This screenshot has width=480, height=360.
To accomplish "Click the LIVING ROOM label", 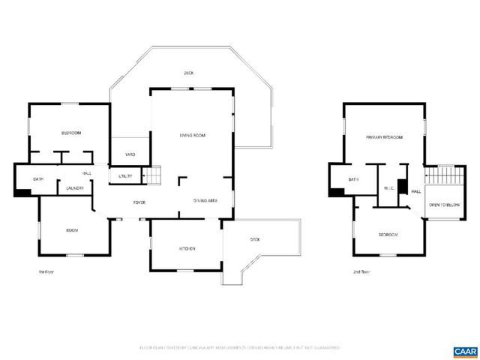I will pos(193,136).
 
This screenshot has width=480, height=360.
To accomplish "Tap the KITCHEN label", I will pos(187,248).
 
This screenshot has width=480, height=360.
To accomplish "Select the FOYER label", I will pos(139,203).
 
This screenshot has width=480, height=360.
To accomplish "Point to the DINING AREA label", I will pos(205,201).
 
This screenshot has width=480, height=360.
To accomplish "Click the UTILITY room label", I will pos(125,176).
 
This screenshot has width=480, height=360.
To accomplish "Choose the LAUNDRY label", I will pos(74,188).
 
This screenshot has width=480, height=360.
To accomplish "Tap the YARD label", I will pos(130,154).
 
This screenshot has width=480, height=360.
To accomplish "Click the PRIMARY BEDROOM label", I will pos(384,138).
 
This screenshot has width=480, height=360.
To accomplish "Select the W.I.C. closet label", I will pos(388,188).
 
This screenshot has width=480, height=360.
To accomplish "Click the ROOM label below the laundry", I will pos(72,231).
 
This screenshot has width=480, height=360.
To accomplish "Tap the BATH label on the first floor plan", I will pos(37,179).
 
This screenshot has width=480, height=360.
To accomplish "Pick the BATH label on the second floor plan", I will pos(353,180).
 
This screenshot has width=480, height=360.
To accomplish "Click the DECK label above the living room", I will pos(189,73).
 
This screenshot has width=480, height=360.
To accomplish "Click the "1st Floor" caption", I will pos(46,271).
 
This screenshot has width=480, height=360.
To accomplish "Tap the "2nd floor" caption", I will pos(361,271).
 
